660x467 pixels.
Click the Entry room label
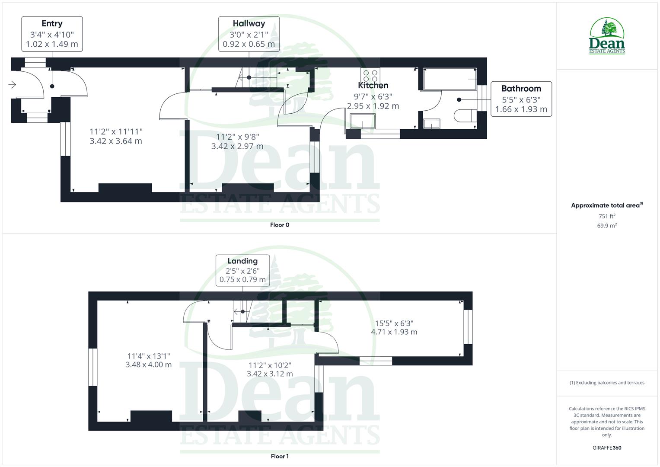pos(52,24)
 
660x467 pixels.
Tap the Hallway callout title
pos(249,24)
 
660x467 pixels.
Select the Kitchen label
pos(373,86)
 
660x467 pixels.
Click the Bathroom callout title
pos(521,89)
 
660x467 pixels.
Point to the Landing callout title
pos(242,261)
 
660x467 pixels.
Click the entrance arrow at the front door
pos(12,85)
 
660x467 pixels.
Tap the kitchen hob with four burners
pos(370,76)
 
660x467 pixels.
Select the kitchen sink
pos(363,121)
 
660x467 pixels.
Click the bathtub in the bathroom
pos(450,78)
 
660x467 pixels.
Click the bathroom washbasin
pos(431,124)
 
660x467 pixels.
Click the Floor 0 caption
pos(280,225)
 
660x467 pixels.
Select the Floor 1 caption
pos(280,456)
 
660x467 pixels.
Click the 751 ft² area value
pos(607,216)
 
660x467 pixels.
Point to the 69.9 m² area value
pos(607,226)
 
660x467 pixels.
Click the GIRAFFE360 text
pos(607,448)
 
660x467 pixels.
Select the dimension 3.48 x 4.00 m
pos(149,365)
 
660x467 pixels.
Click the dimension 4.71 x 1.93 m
pos(394,332)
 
